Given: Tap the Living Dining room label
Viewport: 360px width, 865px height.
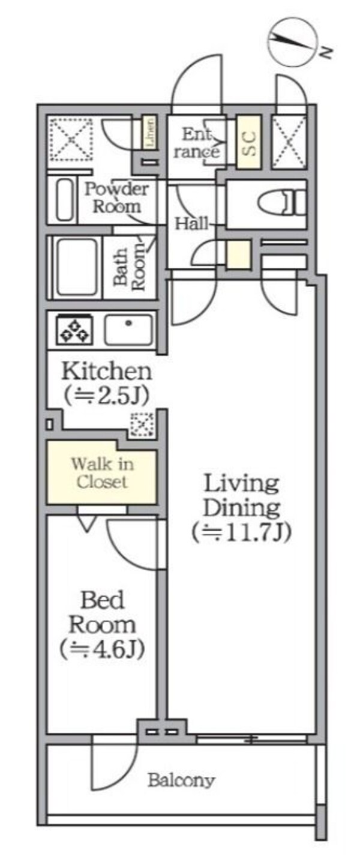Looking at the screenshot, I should (x=241, y=496).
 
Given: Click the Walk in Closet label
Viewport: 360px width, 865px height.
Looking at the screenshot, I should (x=102, y=472).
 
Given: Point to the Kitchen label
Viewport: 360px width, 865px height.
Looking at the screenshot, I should (x=107, y=370).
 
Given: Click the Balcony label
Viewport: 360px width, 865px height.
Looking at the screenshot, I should (x=181, y=781).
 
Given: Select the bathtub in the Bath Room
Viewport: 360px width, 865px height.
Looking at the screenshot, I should (x=76, y=267).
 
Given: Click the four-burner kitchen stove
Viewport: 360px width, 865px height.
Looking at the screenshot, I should (x=74, y=330).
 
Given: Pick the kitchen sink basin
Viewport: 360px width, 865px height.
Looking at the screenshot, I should (x=128, y=330).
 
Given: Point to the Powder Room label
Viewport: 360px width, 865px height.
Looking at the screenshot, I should (x=116, y=197).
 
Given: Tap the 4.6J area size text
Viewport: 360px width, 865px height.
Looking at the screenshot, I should (x=102, y=649).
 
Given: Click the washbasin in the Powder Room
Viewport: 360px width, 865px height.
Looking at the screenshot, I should (x=64, y=200).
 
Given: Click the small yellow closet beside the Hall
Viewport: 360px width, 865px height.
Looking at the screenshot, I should (x=238, y=255).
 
